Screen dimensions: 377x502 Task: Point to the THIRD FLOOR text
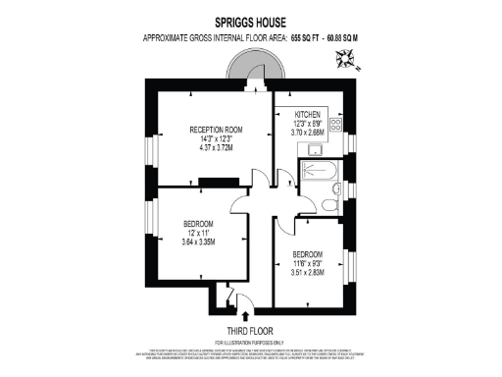[250, 330]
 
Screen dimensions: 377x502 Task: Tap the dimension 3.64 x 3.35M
[198, 242]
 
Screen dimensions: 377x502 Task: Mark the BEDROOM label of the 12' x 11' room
[198, 223]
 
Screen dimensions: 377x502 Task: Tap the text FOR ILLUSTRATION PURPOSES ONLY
[250, 341]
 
